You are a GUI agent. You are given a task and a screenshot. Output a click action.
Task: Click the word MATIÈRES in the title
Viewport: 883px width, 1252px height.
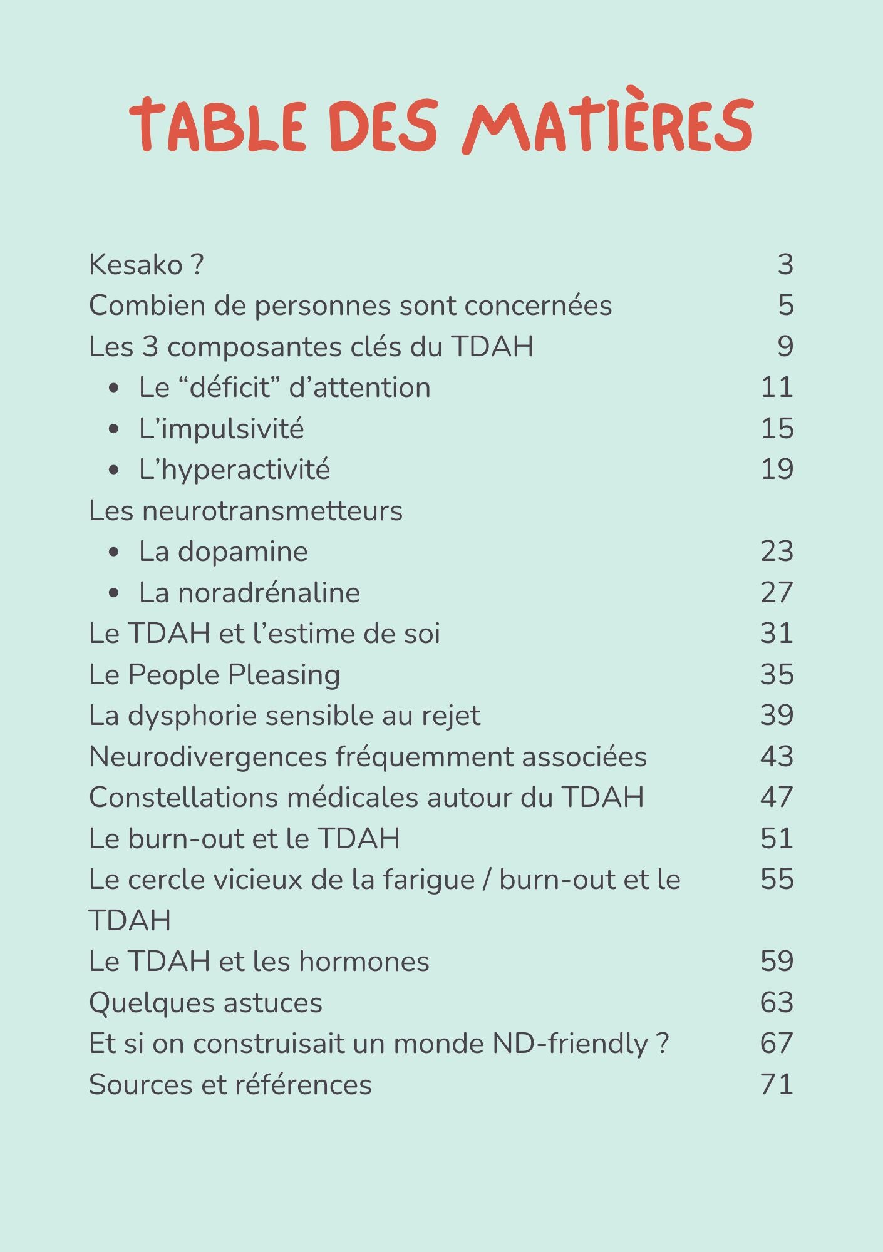[607, 125]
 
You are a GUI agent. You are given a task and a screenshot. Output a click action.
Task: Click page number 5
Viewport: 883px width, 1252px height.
[785, 305]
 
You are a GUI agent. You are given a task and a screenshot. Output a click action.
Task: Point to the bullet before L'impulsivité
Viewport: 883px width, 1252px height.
[113, 429]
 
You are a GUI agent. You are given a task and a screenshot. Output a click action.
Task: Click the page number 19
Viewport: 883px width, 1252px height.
[777, 469]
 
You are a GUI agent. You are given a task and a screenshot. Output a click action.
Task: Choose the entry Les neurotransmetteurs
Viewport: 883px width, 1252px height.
[245, 511]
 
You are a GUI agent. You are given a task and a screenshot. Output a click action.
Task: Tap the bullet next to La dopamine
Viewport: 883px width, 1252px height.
[113, 552]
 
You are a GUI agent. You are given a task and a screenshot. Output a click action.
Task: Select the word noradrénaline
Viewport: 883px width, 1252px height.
[269, 593]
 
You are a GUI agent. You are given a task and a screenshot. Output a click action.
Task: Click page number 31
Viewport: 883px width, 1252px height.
[777, 634]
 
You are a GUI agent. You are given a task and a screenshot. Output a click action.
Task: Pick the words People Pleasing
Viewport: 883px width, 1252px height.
[234, 675]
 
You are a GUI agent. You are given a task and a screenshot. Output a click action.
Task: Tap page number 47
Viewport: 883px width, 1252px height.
[777, 798]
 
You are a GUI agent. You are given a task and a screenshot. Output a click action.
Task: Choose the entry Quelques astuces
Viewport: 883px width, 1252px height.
[205, 1003]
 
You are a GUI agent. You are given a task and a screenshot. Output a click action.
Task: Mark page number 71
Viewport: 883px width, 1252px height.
[777, 1085]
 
